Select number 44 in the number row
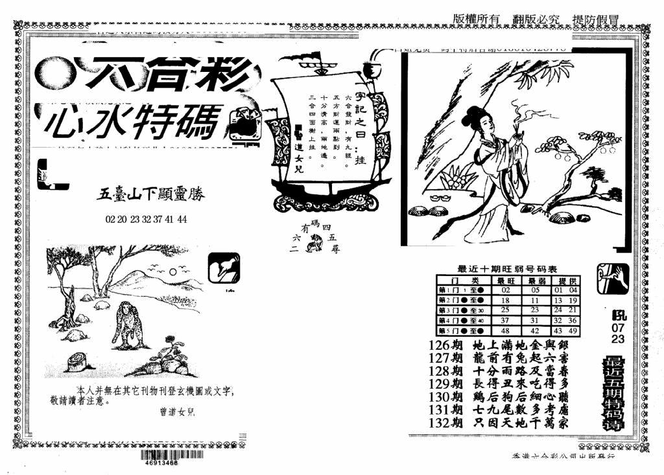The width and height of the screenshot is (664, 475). [182, 219]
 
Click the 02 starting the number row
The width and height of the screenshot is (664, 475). [110, 219]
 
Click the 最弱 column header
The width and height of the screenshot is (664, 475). [536, 281]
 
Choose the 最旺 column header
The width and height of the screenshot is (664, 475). [506, 281]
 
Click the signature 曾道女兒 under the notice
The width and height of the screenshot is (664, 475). [176, 411]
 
